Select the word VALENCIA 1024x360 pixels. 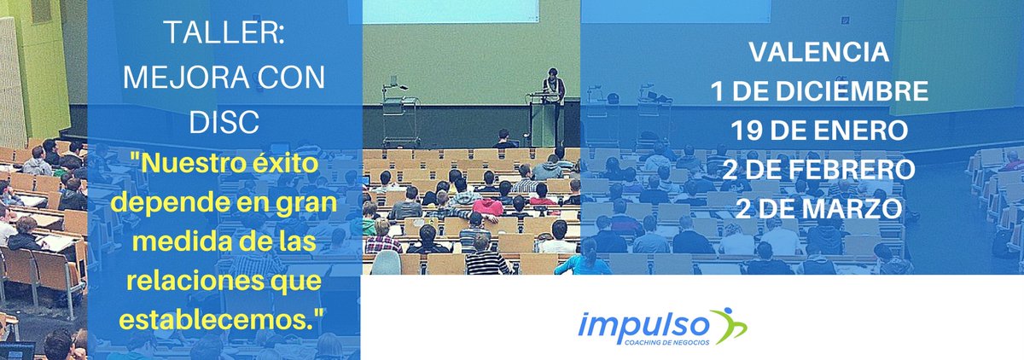pyautogui.click(x=818, y=53)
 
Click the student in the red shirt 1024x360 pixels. pyautogui.click(x=488, y=206)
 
